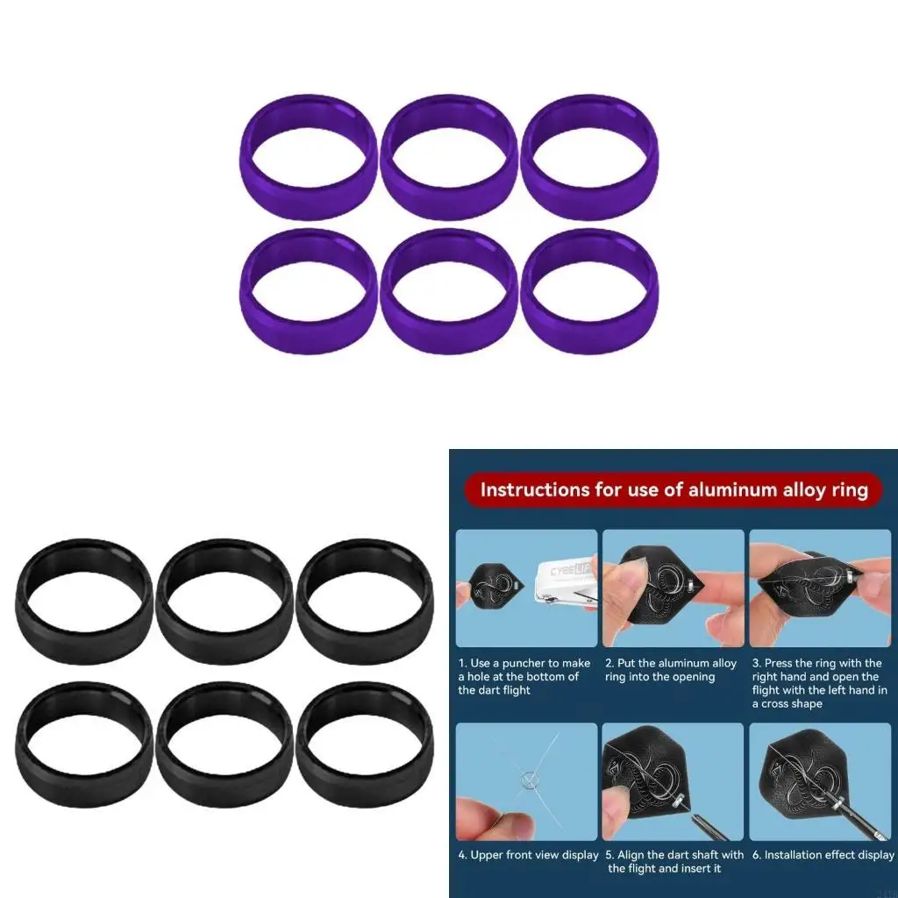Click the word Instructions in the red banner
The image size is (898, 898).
pos(534,489)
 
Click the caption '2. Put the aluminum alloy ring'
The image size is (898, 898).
pos(671,670)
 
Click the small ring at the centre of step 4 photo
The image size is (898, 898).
pos(527,777)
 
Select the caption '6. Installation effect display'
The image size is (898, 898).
pos(822,855)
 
